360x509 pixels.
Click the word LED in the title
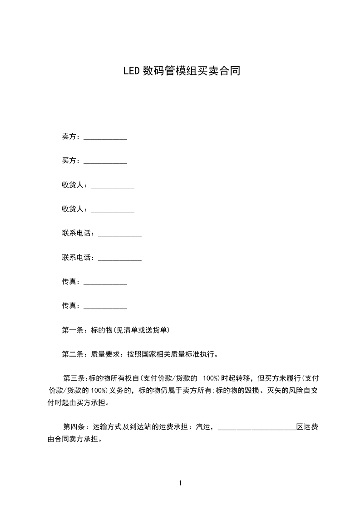[x=132, y=71]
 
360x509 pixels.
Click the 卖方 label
[x=69, y=137]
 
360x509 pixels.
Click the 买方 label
[x=69, y=161]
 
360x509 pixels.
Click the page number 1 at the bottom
[x=180, y=483]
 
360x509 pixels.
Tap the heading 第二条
[x=71, y=354]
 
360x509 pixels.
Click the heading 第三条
[x=74, y=378]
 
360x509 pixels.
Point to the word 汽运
[x=203, y=426]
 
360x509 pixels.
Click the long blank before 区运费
[x=257, y=428]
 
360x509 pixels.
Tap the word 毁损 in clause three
[x=255, y=390]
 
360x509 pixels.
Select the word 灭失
[x=276, y=390]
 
